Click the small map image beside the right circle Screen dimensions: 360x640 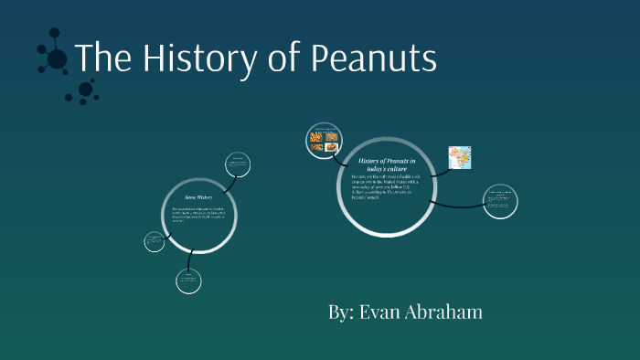(459, 158)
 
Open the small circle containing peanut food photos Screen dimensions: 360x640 (323, 140)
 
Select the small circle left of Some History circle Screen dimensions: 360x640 (154, 241)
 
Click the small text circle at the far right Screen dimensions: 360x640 (500, 201)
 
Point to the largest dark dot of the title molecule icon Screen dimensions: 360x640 (57, 59)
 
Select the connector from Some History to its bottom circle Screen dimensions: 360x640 (190, 260)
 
